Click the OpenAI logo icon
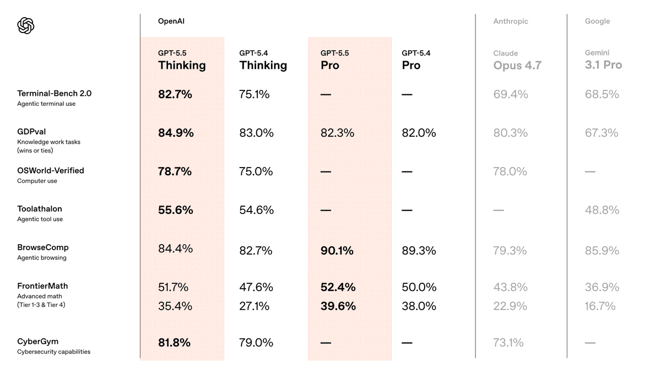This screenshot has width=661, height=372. (x=26, y=25)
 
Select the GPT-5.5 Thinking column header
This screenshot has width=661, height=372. (x=182, y=60)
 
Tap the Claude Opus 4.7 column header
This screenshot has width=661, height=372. (x=517, y=60)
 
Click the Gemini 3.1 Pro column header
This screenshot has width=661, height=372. (x=603, y=60)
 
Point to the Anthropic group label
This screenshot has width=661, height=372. (x=510, y=21)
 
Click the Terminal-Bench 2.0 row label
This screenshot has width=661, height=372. (x=54, y=94)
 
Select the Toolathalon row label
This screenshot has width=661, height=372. (x=39, y=209)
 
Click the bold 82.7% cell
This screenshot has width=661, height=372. (x=175, y=94)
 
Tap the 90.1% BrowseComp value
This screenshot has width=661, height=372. (x=338, y=251)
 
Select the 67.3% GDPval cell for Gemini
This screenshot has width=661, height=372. (x=602, y=133)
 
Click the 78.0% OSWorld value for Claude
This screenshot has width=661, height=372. (x=510, y=171)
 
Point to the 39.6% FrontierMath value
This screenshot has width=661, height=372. (x=338, y=306)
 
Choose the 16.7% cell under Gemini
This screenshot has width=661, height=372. (x=600, y=306)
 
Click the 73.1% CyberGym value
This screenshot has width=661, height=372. (x=508, y=342)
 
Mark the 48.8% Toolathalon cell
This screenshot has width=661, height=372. (x=602, y=210)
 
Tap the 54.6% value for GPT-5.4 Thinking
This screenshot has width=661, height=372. (x=256, y=210)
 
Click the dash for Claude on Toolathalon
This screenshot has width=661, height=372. (x=499, y=210)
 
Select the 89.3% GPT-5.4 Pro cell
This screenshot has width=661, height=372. (x=419, y=251)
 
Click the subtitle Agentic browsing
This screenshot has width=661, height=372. (x=41, y=257)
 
